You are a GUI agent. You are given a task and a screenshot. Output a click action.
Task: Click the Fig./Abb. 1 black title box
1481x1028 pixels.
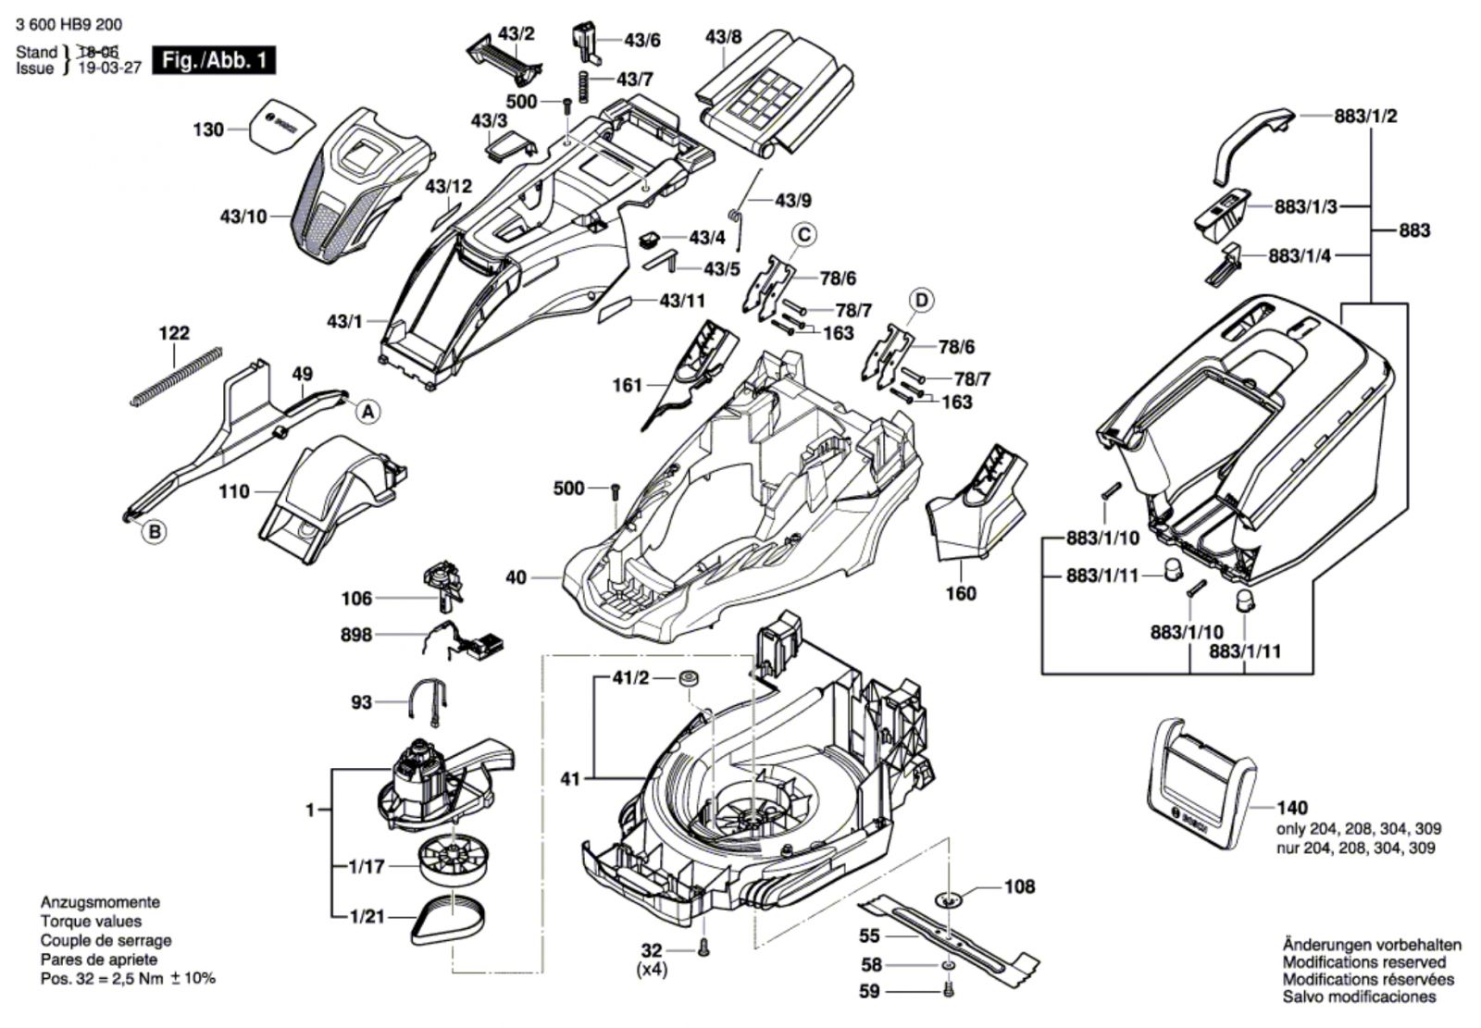214,61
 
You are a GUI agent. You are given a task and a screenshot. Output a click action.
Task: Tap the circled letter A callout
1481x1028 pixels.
368,413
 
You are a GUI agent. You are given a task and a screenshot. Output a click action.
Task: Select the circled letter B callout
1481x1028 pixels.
155,532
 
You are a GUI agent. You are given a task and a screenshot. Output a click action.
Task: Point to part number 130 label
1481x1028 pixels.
208,130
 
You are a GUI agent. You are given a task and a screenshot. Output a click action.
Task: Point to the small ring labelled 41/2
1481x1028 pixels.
688,679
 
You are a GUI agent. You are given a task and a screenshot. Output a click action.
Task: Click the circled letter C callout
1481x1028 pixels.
804,234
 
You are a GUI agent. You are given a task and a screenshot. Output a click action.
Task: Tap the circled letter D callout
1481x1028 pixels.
922,300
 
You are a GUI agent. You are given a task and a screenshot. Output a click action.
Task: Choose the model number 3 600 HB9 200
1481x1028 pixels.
68,25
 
